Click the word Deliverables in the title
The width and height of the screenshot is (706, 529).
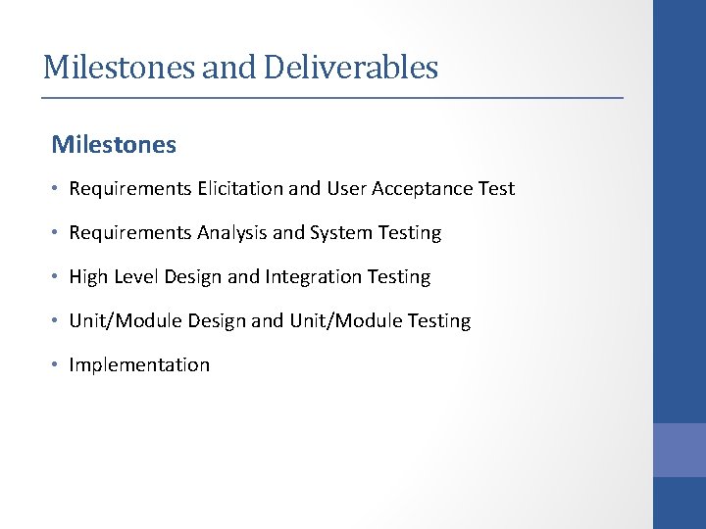tap(347, 68)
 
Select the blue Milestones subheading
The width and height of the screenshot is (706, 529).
tap(114, 145)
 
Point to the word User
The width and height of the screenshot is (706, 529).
tap(347, 189)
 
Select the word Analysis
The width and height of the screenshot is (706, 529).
tap(231, 233)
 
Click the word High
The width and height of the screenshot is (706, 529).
tap(88, 277)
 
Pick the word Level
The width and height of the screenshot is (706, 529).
tap(136, 277)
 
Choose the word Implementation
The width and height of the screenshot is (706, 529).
tap(139, 365)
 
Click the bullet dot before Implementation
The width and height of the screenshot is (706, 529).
tap(57, 365)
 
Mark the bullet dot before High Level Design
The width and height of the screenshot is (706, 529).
tap(57, 277)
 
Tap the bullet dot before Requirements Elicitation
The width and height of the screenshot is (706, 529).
tap(57, 189)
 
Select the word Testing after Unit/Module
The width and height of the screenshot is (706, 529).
tap(438, 321)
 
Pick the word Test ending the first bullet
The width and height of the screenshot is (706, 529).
tap(496, 189)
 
